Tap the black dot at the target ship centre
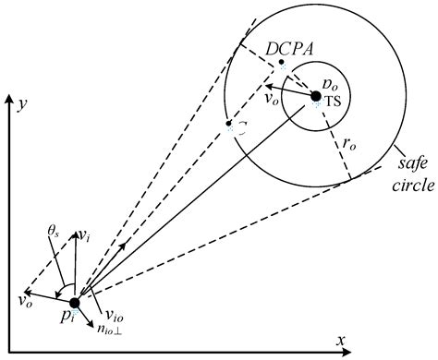click(316, 96)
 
